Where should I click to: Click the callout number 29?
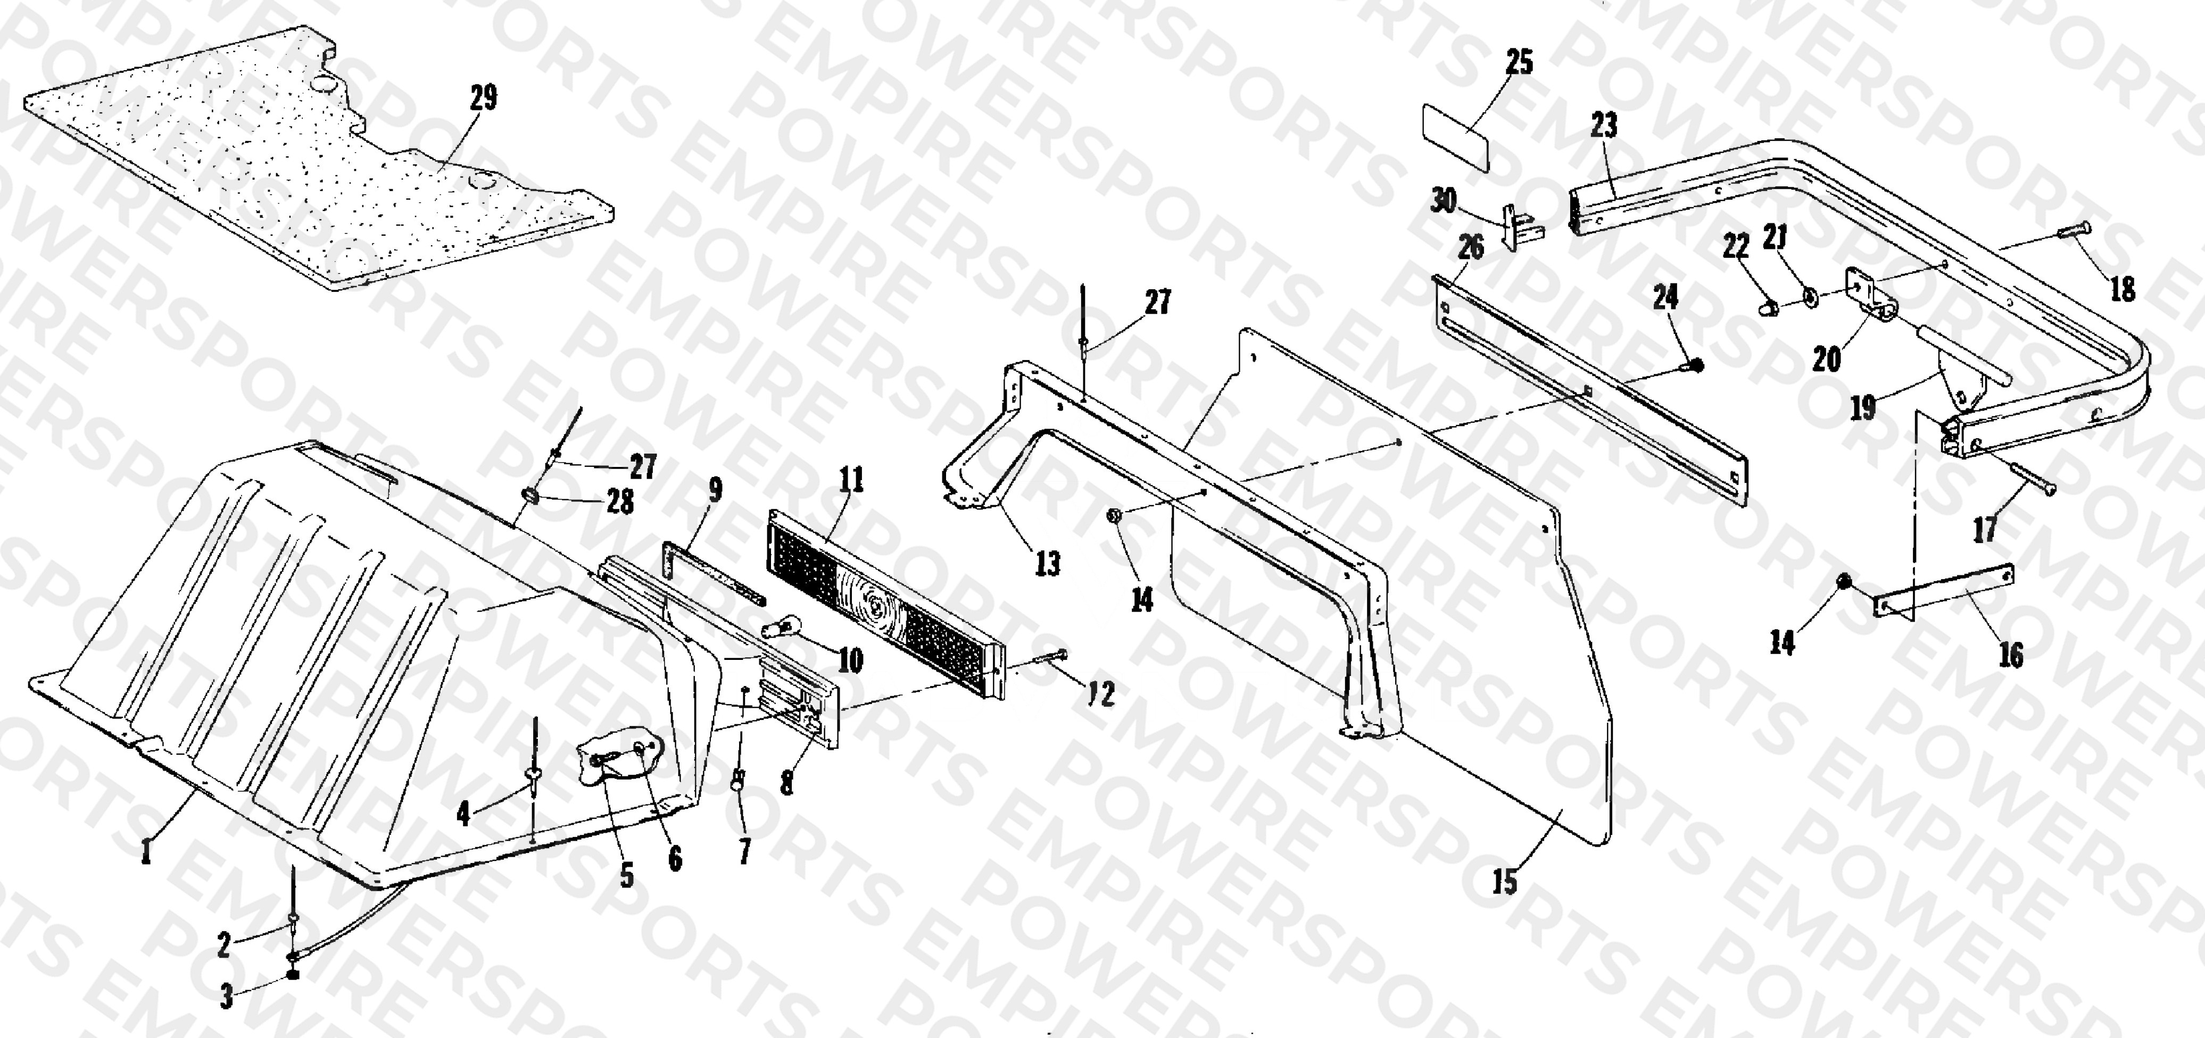[x=484, y=98]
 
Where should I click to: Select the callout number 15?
[x=1505, y=882]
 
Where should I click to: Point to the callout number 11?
[x=851, y=480]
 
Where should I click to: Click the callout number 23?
[x=1604, y=125]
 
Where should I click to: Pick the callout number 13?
[x=1048, y=563]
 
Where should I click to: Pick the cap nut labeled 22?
[x=1765, y=306]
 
